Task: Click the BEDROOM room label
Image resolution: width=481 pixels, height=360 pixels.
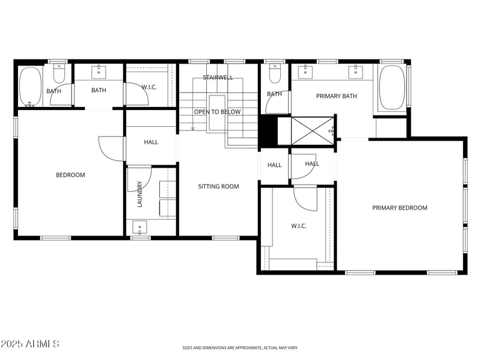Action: pos(70,175)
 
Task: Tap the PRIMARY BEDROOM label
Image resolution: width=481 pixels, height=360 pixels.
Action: pos(399,208)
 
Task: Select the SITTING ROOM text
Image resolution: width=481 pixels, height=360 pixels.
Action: pos(218,186)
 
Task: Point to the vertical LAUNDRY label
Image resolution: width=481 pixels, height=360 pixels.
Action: pos(139,194)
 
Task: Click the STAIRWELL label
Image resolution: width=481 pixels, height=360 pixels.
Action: pos(218,78)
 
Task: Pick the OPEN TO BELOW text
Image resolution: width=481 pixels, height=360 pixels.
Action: pos(217,112)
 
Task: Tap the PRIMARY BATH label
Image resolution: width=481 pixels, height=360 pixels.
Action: pos(337,96)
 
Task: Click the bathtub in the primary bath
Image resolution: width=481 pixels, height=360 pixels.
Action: pos(392,87)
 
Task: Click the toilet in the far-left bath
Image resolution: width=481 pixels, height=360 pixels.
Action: pos(59,73)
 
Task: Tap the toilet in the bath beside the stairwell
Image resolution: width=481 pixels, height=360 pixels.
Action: pos(275,73)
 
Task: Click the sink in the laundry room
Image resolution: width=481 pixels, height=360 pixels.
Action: pos(139,228)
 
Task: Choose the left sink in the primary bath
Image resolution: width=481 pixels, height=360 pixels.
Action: pos(305,72)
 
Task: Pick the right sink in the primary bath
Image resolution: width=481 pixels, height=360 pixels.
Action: pos(356,72)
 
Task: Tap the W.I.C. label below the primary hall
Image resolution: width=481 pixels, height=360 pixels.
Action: pos(299,226)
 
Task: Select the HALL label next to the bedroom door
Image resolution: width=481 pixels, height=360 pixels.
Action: pos(151,142)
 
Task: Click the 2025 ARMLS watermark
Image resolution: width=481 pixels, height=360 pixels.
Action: pos(30,344)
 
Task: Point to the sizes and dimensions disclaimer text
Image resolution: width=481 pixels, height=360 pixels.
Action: pos(240,347)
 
